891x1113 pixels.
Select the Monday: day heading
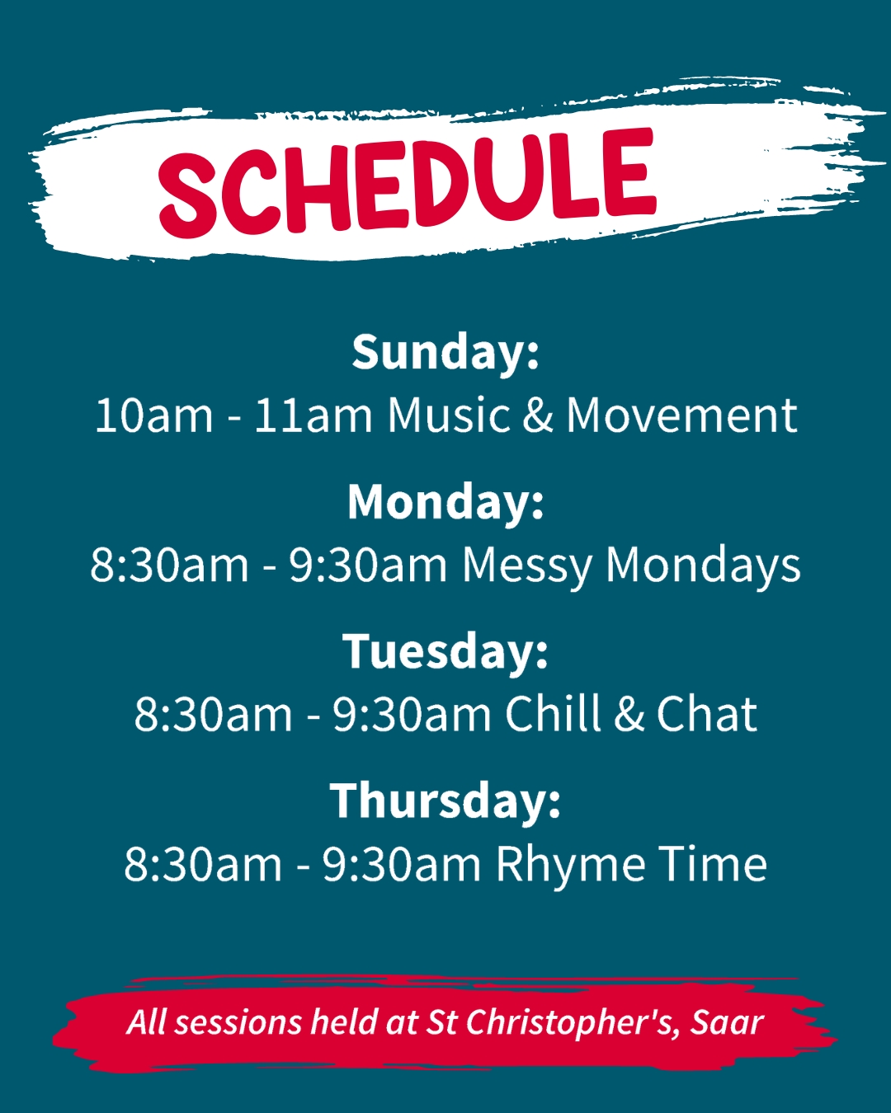tap(445, 502)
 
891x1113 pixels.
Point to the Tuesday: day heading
tap(445, 652)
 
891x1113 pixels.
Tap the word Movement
tap(681, 416)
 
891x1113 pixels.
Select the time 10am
tap(154, 416)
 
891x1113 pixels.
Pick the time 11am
tap(313, 416)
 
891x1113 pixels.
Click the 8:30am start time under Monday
tap(170, 566)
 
